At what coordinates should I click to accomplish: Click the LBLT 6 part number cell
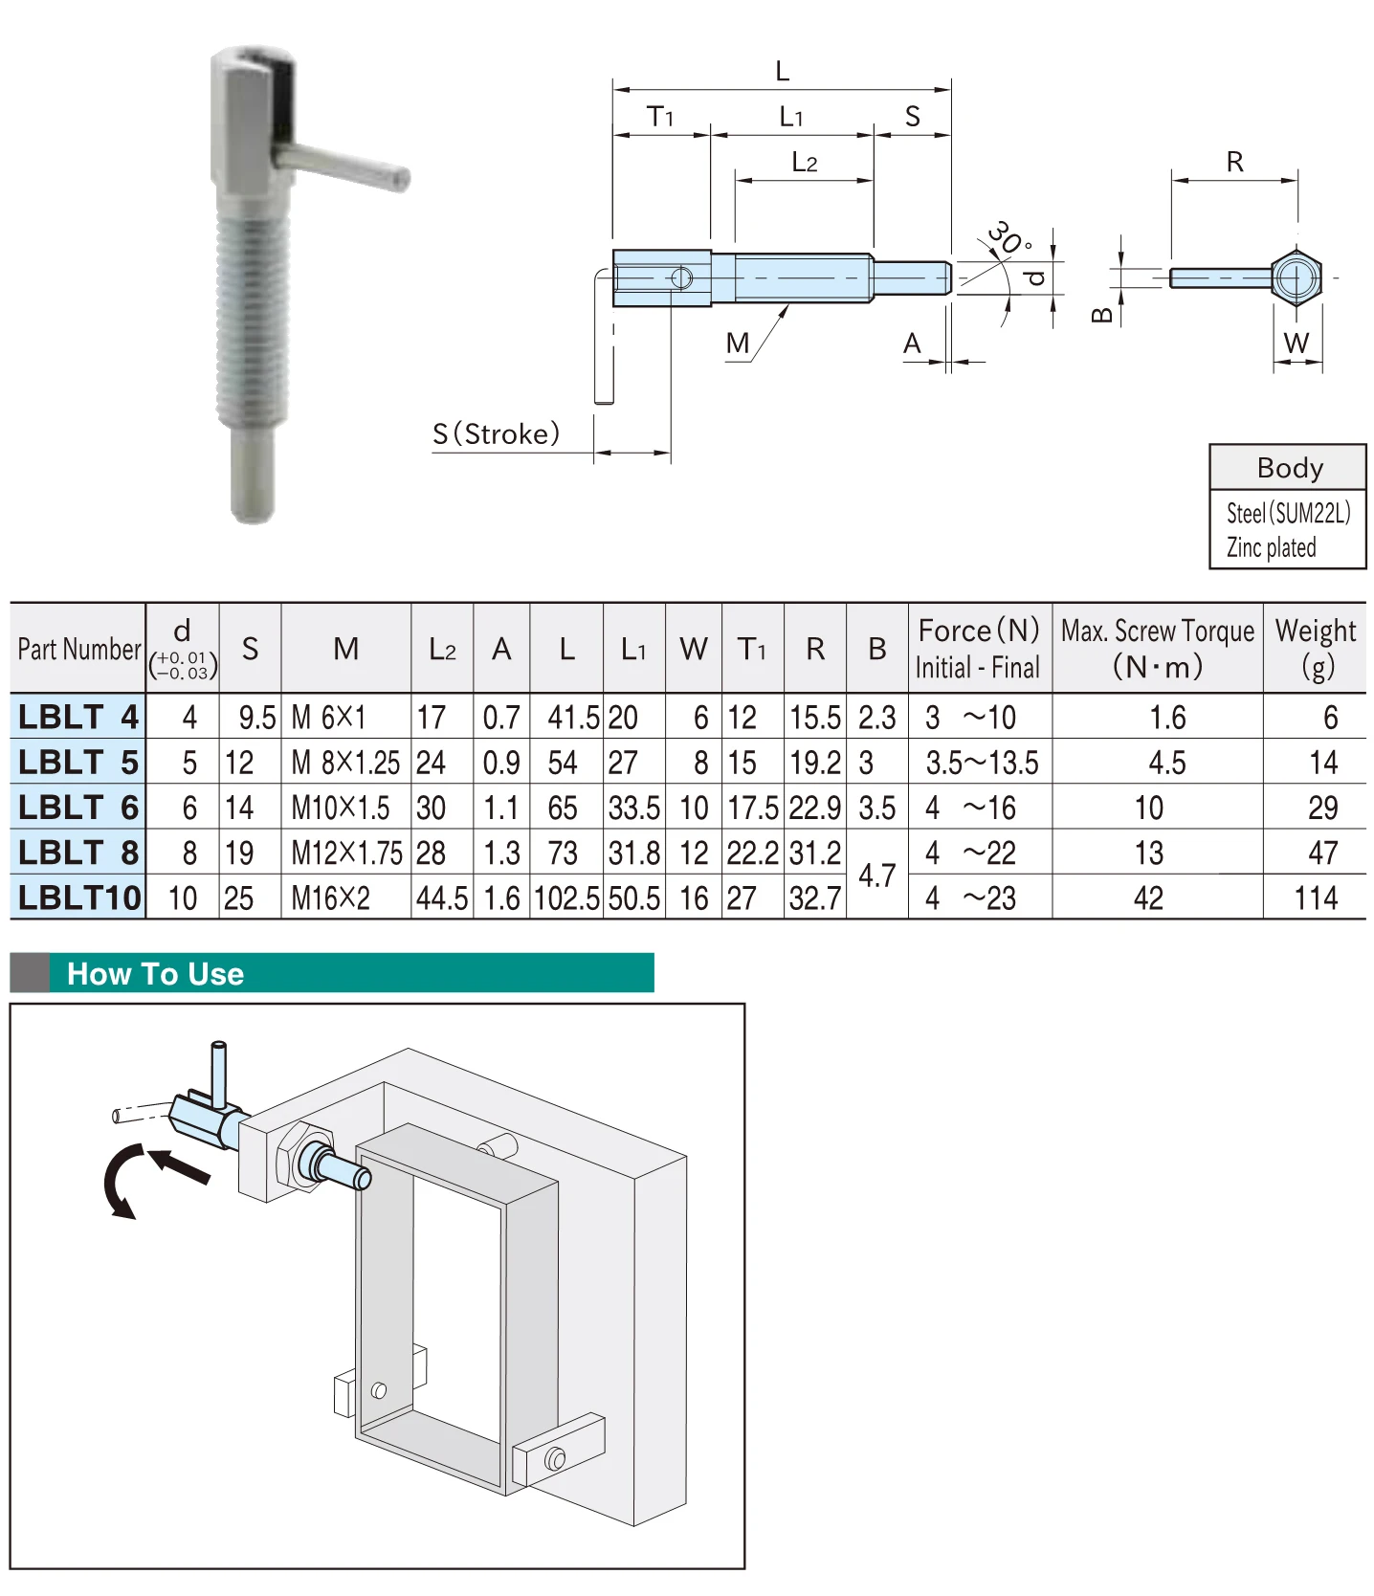tap(78, 808)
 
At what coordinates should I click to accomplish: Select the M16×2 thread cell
tap(331, 898)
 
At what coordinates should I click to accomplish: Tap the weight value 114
tap(1316, 898)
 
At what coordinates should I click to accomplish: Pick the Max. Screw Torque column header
tap(1157, 648)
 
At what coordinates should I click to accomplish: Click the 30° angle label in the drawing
tap(1008, 238)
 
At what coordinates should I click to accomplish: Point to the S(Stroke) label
tap(496, 434)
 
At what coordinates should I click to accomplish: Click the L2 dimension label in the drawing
tap(804, 163)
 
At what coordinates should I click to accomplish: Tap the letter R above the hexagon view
tap(1234, 162)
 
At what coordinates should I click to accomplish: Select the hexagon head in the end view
tap(1296, 277)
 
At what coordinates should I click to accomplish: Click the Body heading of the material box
tap(1289, 468)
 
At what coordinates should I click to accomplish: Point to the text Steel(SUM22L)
tap(1288, 514)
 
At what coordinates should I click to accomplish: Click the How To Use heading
tap(156, 974)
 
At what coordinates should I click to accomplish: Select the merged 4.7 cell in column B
tap(876, 875)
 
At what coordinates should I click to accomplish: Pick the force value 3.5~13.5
tap(982, 763)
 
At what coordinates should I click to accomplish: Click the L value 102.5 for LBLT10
tap(566, 898)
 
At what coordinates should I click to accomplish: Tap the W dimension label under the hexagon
tap(1296, 344)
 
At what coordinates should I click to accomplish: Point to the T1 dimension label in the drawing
tap(660, 117)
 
